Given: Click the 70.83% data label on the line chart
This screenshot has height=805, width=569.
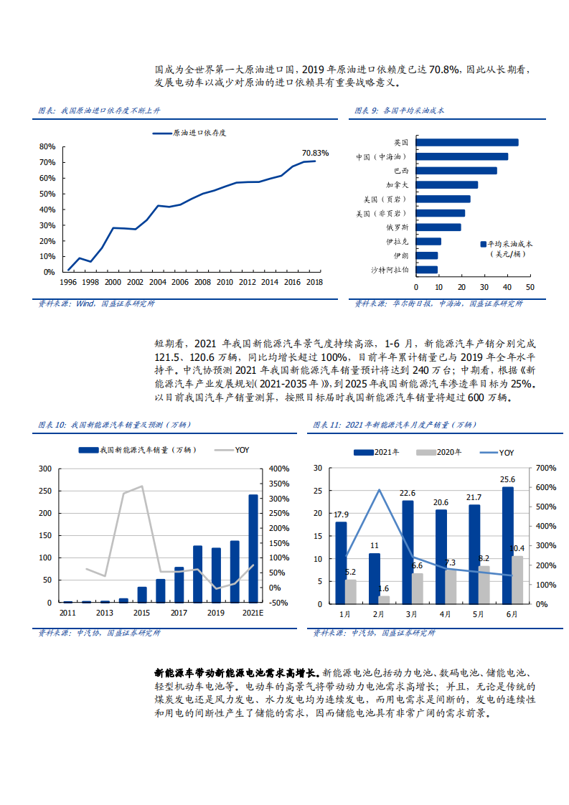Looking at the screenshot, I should (x=315, y=153).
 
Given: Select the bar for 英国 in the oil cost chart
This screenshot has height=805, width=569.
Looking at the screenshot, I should (x=467, y=143).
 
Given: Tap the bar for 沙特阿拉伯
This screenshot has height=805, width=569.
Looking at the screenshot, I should (x=427, y=270).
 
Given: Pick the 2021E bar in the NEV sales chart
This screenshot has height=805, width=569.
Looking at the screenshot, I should (x=253, y=549).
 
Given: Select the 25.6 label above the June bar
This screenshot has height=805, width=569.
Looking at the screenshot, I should (x=508, y=479).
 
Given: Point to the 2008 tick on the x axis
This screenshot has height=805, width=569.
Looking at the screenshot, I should (x=202, y=283).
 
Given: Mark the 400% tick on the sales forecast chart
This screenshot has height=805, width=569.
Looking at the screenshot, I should (x=278, y=468).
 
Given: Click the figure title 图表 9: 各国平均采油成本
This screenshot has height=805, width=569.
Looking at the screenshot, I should (x=400, y=111).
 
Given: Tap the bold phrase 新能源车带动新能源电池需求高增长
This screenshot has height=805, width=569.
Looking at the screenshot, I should (x=238, y=673).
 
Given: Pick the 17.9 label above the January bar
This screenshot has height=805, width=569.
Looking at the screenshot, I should (x=341, y=514).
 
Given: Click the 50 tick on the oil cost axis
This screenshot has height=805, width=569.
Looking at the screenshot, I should (x=530, y=287).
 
